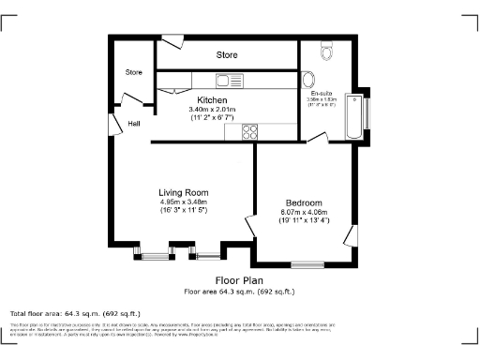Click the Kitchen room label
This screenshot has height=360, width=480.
coord(212,99)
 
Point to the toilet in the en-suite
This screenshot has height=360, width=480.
coord(325,49)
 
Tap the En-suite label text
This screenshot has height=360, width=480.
coord(322,94)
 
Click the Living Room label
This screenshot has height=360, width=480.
coord(183,192)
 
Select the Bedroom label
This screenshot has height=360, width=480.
coord(304,202)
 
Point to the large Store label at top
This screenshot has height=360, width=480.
coord(227,55)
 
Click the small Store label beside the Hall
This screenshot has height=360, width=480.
coord(134,72)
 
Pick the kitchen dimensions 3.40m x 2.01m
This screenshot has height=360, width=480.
coord(212,109)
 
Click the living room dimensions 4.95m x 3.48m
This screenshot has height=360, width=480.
coord(183,202)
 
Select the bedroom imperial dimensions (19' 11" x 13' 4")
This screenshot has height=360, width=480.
coord(304,221)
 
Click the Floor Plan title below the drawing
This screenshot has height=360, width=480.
coord(239,279)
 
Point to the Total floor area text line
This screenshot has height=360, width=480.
coord(75,312)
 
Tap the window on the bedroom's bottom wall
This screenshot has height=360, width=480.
coord(307,262)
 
